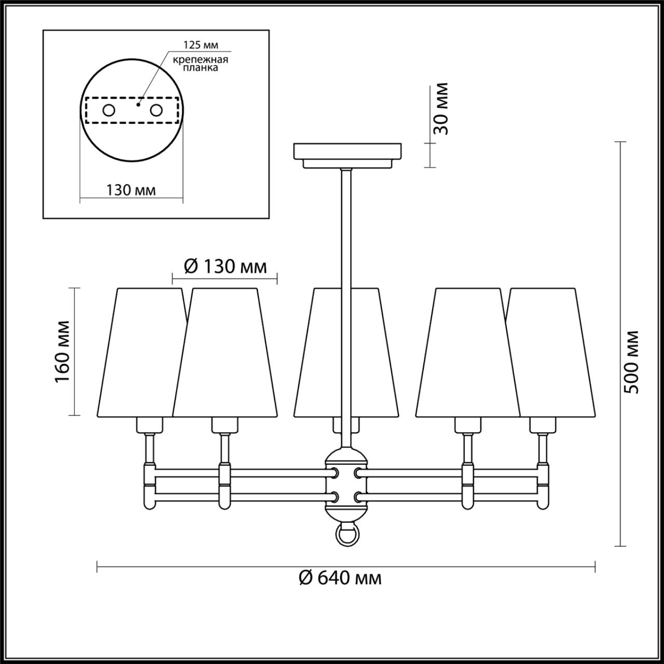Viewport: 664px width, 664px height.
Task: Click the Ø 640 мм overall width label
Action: click(340, 577)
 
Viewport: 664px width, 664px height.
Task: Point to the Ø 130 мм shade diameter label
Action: click(225, 267)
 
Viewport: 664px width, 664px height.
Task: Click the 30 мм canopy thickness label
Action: click(441, 109)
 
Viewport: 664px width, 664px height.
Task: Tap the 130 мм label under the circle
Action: click(131, 190)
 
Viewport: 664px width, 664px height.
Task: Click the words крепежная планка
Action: click(201, 63)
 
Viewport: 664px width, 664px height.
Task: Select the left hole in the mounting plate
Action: click(108, 110)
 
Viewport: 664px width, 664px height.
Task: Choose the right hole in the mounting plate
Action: click(156, 110)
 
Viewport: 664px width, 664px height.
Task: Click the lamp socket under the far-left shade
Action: click(149, 425)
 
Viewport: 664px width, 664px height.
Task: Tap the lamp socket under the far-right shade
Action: click(543, 425)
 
